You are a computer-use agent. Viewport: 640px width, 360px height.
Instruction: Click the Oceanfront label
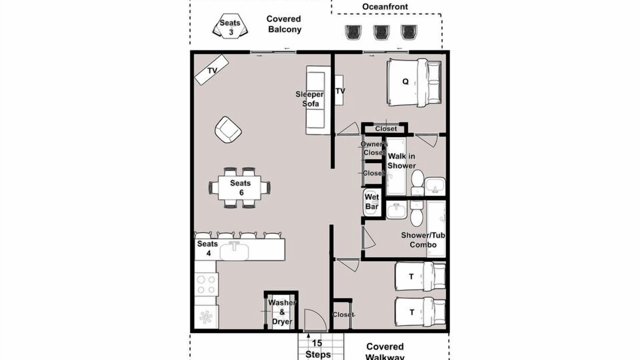tap(385, 6)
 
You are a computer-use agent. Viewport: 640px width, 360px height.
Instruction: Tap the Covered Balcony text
tap(284, 24)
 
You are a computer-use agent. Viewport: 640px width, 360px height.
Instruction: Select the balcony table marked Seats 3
tap(230, 26)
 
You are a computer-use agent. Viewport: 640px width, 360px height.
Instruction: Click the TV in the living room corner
tap(211, 70)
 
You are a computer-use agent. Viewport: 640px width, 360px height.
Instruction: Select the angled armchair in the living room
tap(228, 129)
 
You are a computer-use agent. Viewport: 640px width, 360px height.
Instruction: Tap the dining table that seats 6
tap(239, 187)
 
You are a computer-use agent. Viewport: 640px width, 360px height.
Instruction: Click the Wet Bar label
tap(371, 201)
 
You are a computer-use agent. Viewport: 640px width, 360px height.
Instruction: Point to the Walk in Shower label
tap(401, 161)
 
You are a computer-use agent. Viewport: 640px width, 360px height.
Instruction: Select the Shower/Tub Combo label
tap(423, 240)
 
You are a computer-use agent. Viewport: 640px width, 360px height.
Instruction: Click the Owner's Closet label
tap(374, 148)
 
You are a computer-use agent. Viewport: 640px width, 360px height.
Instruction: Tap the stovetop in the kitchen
tap(206, 284)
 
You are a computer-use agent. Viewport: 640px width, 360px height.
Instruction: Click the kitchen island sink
tap(234, 250)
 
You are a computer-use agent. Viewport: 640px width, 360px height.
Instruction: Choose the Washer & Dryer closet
tap(281, 311)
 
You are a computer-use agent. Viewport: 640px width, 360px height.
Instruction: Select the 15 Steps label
tap(317, 348)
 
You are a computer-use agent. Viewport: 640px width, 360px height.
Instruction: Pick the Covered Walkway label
tap(385, 351)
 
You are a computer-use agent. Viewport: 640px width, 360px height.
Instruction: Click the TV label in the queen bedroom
tap(340, 91)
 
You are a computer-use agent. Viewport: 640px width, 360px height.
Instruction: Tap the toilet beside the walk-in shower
tap(417, 182)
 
